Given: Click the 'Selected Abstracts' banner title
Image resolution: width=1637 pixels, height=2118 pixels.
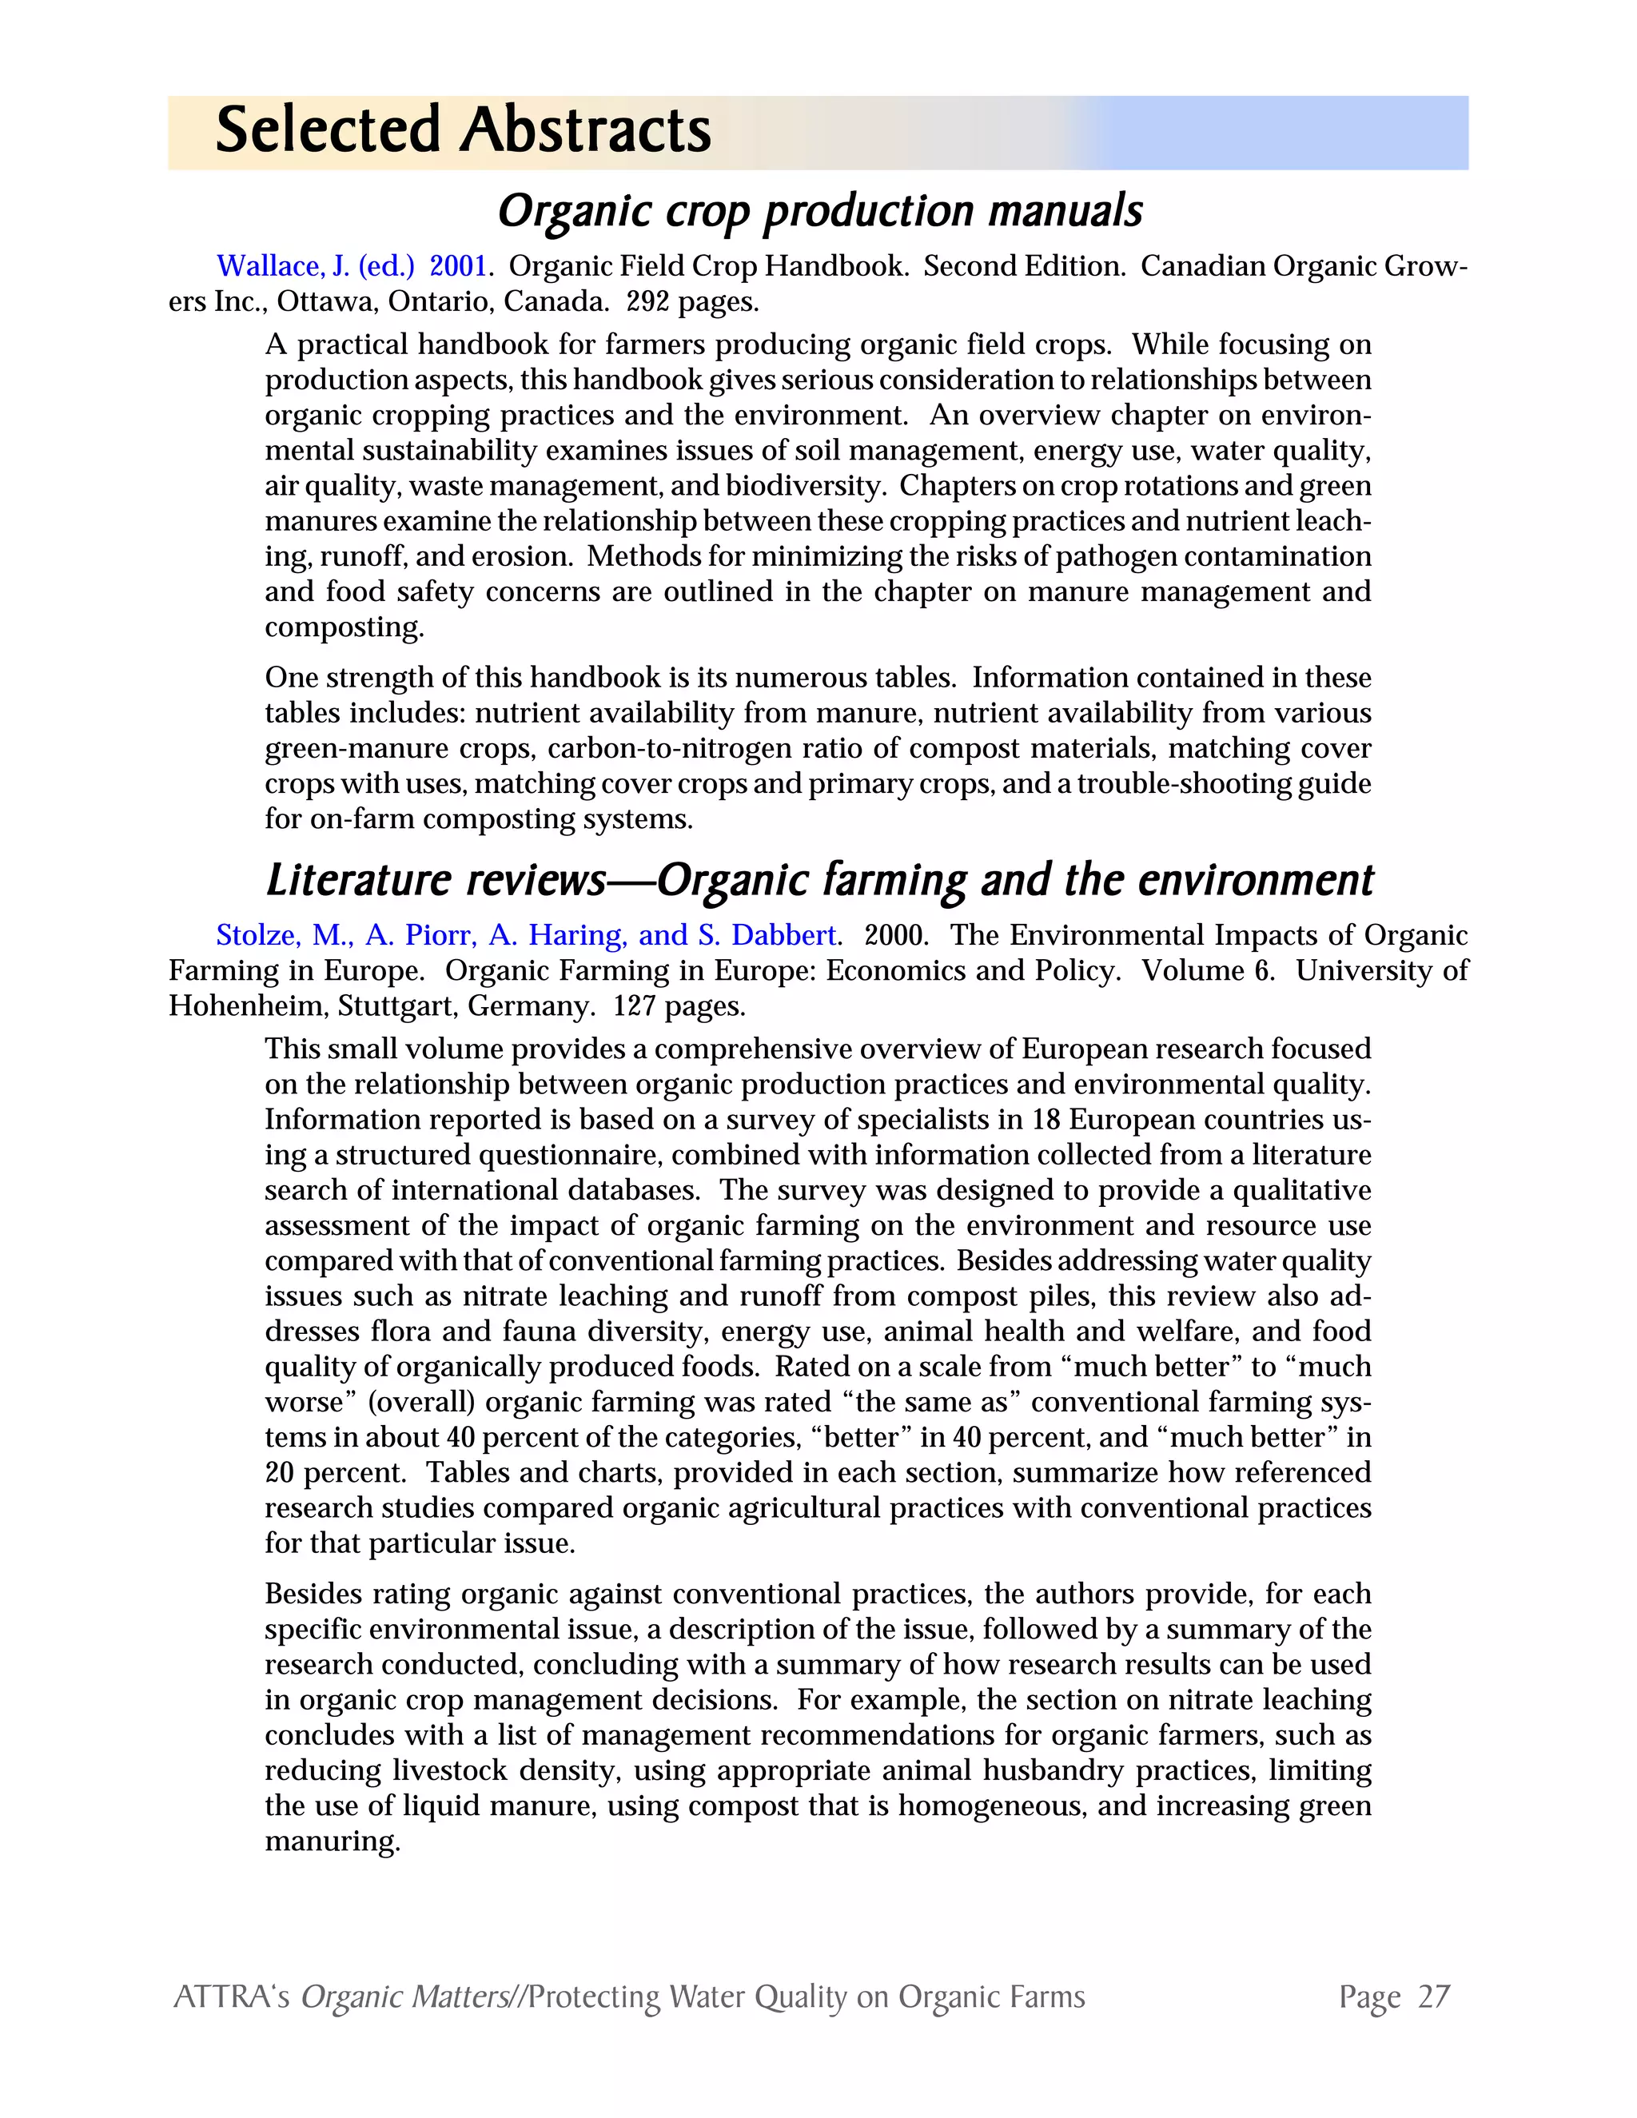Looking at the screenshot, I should pos(463,131).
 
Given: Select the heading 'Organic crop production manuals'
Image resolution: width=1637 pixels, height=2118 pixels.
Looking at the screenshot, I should pos(819,210).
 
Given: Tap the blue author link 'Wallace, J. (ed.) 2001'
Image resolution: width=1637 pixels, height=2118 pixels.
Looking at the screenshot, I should pos(350,265).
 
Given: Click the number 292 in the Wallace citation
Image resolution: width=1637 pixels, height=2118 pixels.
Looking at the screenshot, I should pos(647,301).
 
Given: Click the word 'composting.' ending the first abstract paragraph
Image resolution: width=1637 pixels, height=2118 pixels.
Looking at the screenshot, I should pos(345,627).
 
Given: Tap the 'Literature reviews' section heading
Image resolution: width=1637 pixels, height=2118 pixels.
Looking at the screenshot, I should pos(819,880).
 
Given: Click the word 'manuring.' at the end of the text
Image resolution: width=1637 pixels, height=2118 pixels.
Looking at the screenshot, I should pos(333,1841).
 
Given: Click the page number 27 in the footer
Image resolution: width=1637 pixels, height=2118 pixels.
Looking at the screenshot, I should pos(1433,1997).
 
